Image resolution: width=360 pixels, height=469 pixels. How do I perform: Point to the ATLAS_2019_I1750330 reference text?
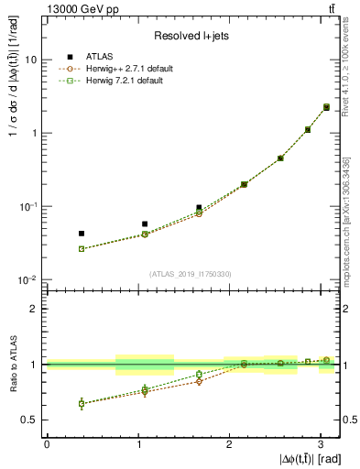tap(191, 273)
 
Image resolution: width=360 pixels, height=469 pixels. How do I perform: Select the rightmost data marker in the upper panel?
tap(326, 107)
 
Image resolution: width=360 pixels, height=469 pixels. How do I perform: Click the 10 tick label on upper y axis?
tap(30, 60)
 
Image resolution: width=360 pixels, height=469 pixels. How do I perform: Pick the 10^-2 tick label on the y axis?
tap(27, 279)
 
